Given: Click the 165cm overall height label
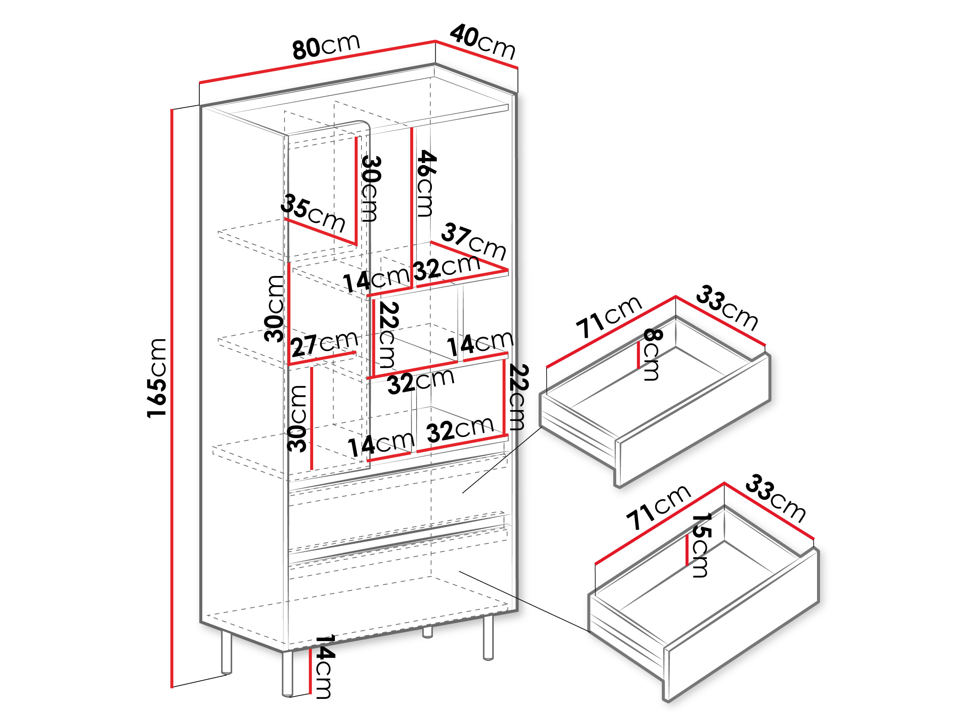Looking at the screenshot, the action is click(157, 378).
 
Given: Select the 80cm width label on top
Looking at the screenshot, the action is click(326, 46).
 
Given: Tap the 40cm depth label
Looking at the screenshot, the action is click(482, 42).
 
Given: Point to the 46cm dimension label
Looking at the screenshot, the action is click(425, 183).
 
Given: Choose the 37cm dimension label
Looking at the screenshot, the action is click(474, 242).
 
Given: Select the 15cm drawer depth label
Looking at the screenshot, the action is click(700, 545).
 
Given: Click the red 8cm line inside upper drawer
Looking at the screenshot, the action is click(639, 355).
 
